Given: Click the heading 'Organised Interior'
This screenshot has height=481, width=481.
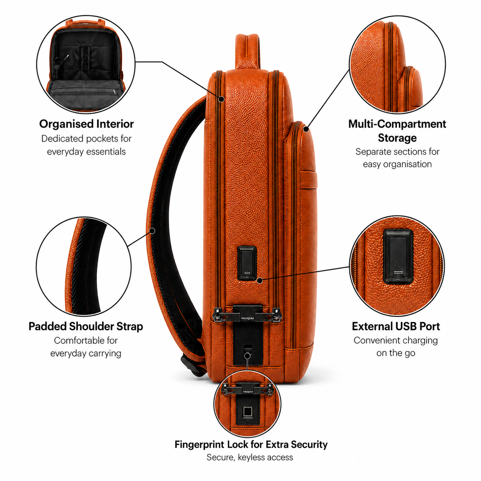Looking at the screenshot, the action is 86,124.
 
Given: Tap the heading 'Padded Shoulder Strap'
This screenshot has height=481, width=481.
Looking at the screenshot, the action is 86,326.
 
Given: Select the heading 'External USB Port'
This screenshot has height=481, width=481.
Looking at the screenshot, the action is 395,326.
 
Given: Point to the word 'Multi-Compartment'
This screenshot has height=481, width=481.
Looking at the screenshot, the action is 397,124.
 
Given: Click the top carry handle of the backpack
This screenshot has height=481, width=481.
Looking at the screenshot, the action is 248,51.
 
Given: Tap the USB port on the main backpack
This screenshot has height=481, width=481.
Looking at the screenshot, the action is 247,273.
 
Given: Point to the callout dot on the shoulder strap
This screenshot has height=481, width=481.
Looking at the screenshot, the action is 153,231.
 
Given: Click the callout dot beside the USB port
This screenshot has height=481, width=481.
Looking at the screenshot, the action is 260,280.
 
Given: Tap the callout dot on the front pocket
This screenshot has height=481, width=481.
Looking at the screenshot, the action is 306,129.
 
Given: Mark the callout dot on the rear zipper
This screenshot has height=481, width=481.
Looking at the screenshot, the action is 221,99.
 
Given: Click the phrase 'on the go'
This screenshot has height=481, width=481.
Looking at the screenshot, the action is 395,353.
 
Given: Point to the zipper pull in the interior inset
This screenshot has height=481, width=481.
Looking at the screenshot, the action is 115,92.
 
